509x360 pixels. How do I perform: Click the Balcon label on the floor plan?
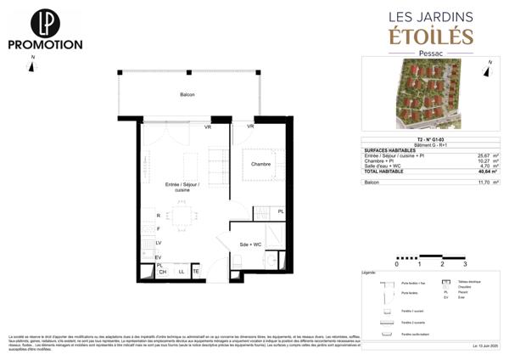187,95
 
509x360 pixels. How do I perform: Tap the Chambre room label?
260,165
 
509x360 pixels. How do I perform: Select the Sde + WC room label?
252,244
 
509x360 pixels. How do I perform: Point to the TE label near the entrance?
195,272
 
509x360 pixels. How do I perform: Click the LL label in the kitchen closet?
181,272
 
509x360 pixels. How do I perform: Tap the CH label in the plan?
164,272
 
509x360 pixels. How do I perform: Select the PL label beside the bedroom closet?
281,211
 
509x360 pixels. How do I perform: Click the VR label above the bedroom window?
250,127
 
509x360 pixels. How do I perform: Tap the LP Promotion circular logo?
44,22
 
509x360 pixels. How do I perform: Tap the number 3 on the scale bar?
465,265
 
